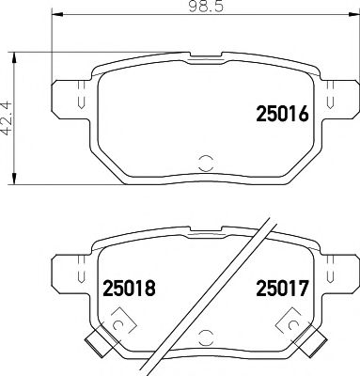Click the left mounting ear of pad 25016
click(67, 97)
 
